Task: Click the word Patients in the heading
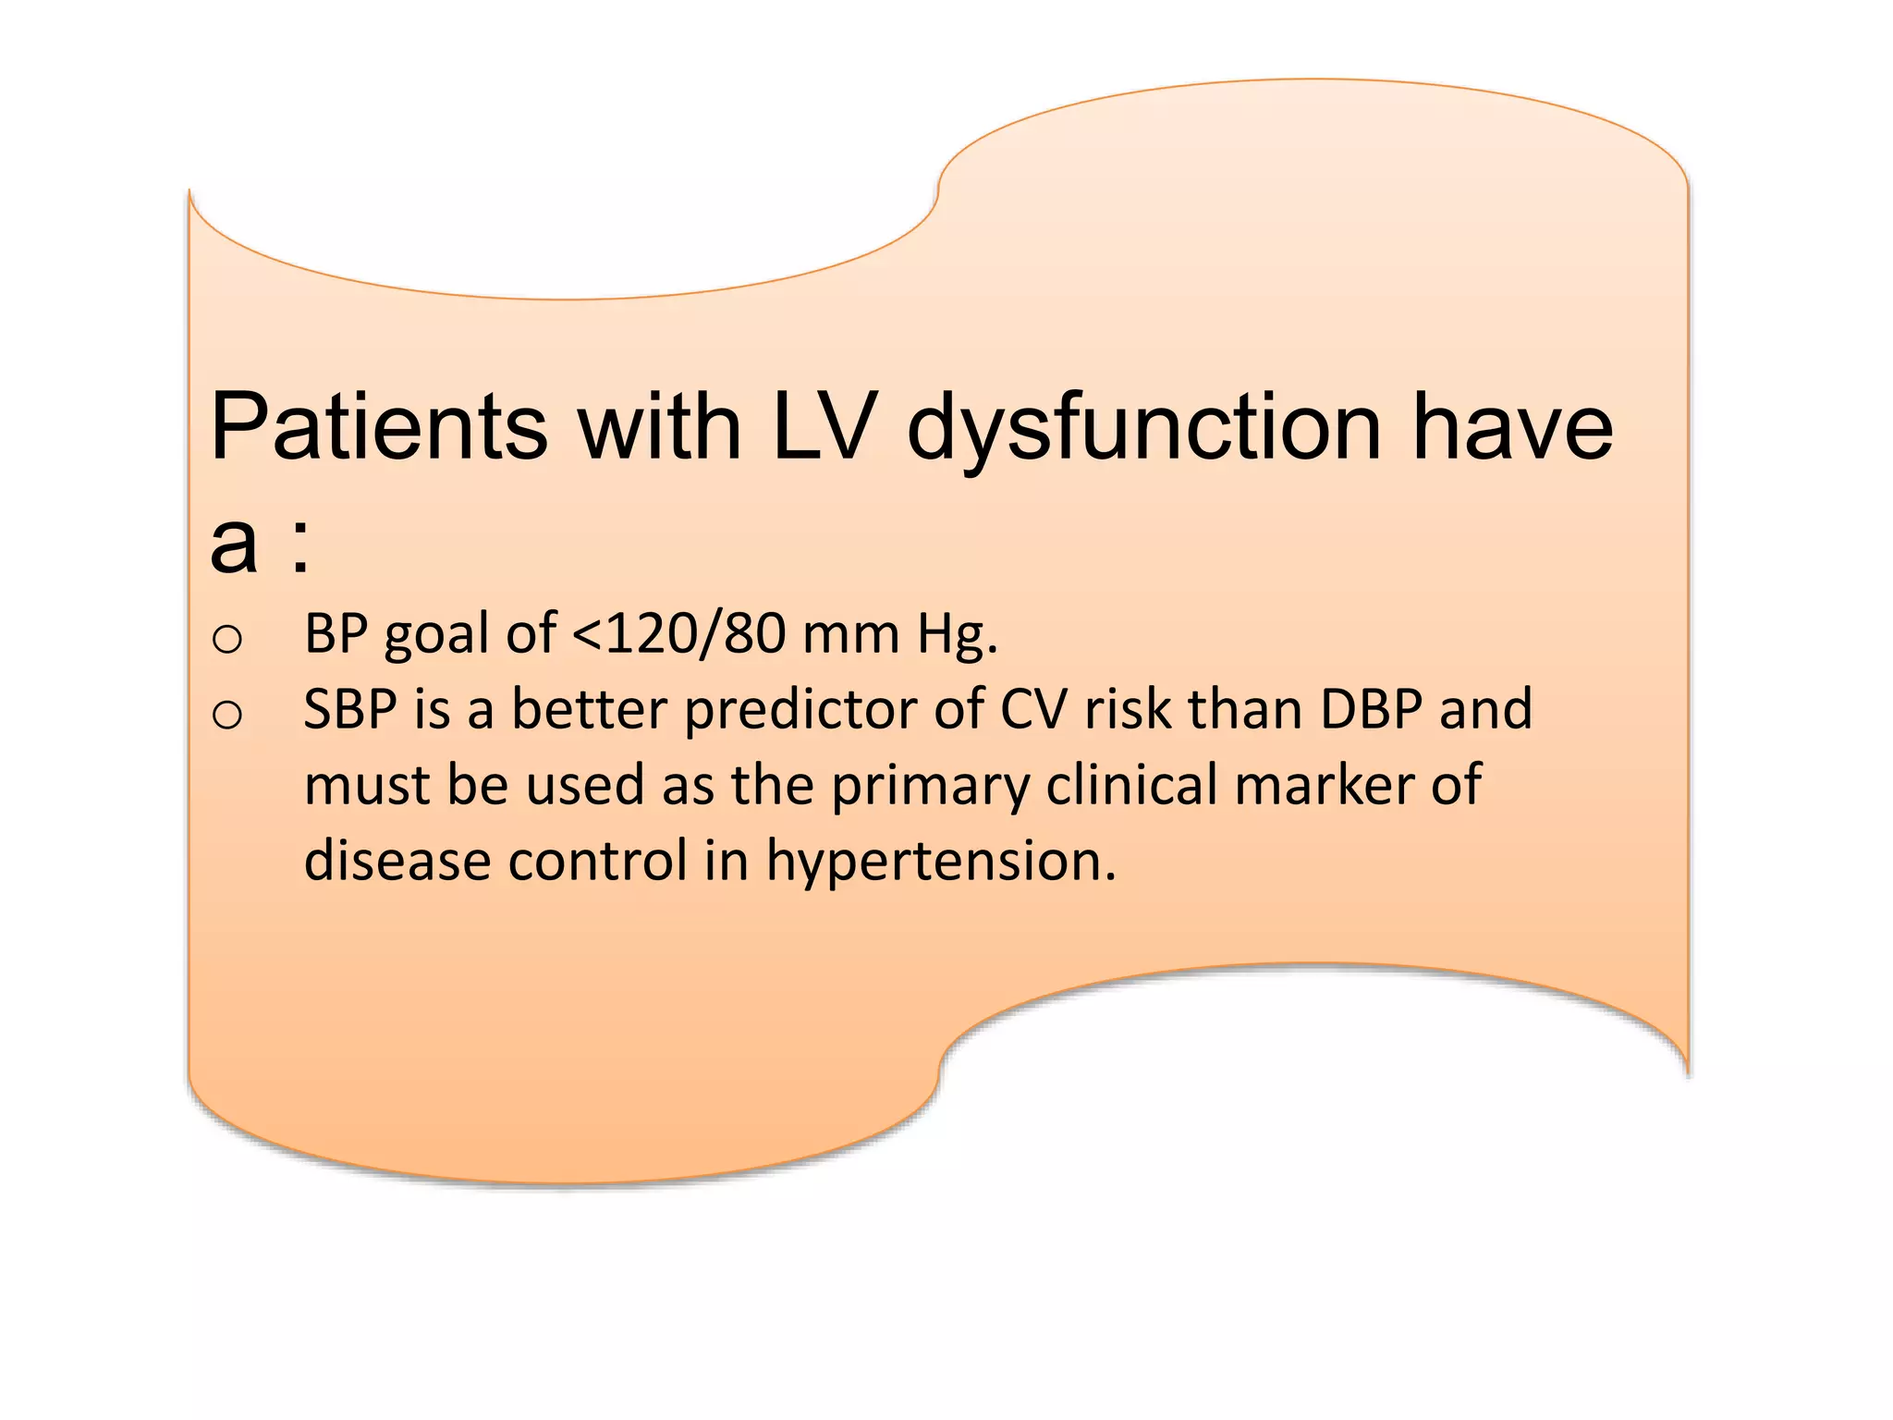(379, 427)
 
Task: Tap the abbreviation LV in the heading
(822, 427)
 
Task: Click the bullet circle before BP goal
(227, 639)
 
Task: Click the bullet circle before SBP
(227, 715)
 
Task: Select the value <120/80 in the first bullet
(678, 635)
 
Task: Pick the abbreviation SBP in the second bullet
(350, 711)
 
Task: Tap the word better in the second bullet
(589, 711)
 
